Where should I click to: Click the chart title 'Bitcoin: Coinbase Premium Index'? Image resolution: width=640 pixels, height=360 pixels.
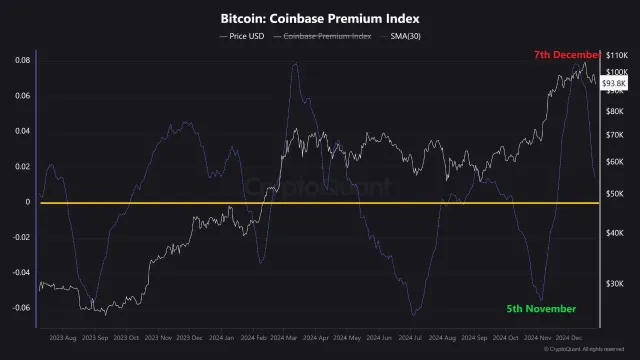pos(320,18)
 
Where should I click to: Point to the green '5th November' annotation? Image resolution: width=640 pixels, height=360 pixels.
pos(542,308)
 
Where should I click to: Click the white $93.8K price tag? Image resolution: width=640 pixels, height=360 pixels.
pos(613,85)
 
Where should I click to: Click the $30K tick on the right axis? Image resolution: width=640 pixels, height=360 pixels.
pos(617,284)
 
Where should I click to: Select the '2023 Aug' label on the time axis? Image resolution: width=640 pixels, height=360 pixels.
pos(61,338)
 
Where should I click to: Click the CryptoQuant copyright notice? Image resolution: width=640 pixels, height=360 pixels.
pos(589,349)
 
